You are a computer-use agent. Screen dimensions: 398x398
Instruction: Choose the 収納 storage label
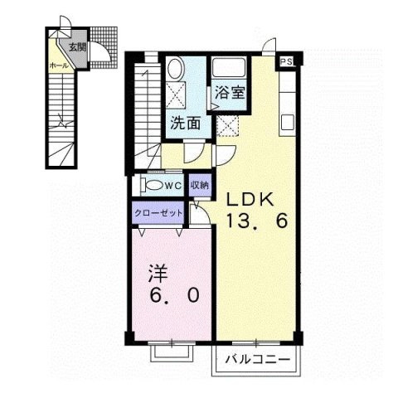pyautogui.click(x=199, y=184)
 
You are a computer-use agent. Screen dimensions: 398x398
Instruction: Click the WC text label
pyautogui.click(x=175, y=185)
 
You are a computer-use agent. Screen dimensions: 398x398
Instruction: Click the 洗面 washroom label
pyautogui.click(x=183, y=124)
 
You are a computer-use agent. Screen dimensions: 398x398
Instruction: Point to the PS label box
pyautogui.click(x=287, y=61)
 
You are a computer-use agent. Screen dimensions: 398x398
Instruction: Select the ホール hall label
pyautogui.click(x=59, y=63)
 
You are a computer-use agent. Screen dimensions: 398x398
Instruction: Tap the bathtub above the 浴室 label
pyautogui.click(x=227, y=68)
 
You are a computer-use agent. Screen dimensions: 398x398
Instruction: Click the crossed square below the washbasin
pyautogui.click(x=175, y=93)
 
